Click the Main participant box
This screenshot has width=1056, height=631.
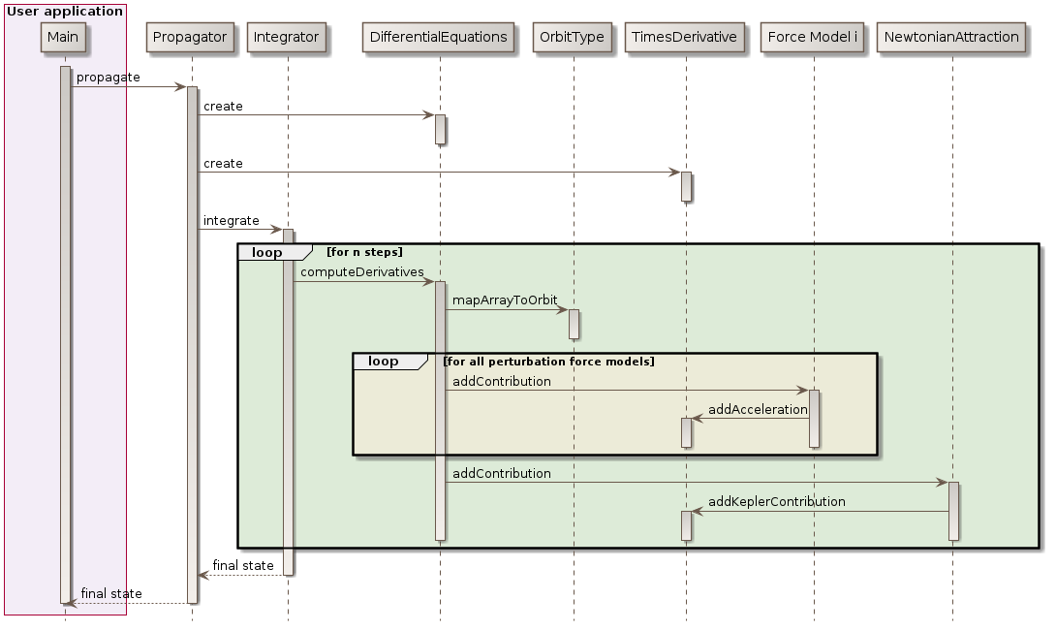64,38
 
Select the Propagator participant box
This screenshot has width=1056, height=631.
191,38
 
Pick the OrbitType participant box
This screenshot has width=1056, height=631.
573,38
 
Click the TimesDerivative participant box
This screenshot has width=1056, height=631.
685,38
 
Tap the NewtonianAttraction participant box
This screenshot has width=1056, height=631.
951,38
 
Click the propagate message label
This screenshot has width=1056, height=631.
108,77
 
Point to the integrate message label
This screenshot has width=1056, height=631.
231,221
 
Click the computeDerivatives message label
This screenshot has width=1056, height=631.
361,272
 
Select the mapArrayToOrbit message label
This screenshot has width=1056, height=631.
505,300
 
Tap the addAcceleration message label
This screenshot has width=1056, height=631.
758,410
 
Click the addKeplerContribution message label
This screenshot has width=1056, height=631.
776,502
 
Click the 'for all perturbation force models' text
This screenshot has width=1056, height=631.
548,362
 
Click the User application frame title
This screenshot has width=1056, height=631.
64,12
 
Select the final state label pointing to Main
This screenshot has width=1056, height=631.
110,593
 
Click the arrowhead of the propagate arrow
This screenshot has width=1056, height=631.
181,87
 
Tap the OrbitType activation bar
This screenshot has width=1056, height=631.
573,324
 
